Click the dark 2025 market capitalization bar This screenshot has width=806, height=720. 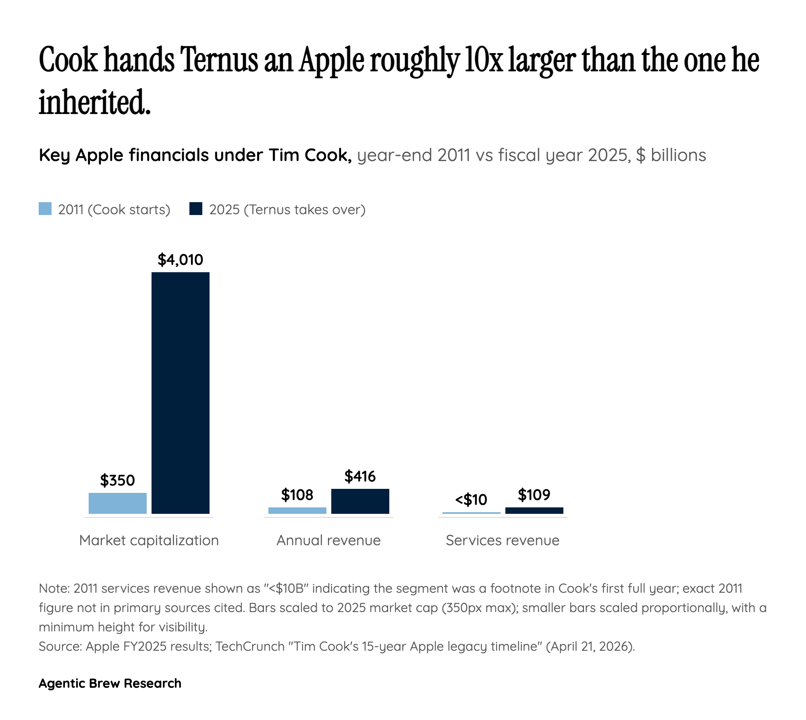pos(180,393)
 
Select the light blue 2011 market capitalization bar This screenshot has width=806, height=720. pos(117,503)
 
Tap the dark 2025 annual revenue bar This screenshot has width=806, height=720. pos(360,501)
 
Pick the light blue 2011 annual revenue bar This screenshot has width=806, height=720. pos(297,510)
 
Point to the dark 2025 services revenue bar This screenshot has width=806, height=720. pos(534,510)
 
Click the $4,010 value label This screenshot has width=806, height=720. pos(180,260)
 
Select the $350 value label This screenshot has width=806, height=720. pos(117,480)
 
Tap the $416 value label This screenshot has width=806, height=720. pos(360,476)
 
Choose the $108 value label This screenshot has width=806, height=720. pos(297,494)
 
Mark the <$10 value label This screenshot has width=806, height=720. pos(471,500)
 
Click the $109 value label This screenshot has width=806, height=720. pos(534,494)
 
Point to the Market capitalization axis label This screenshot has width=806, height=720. pos(149,540)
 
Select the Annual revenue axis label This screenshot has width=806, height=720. pos(328,540)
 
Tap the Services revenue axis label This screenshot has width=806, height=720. pos(503,540)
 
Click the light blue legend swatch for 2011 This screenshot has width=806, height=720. pos(45,209)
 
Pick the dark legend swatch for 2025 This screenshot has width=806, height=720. pos(196,209)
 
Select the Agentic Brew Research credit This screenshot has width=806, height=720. pos(110,683)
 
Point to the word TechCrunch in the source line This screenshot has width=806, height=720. pos(250,646)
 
